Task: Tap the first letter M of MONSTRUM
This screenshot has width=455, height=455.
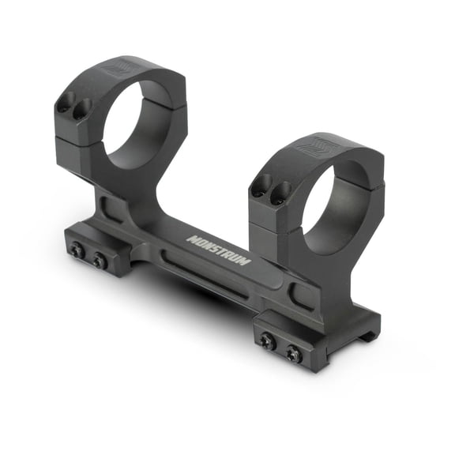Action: click(191, 237)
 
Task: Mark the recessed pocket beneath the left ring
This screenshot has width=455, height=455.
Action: click(111, 209)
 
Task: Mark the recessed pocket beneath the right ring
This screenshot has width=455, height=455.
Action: click(302, 295)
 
